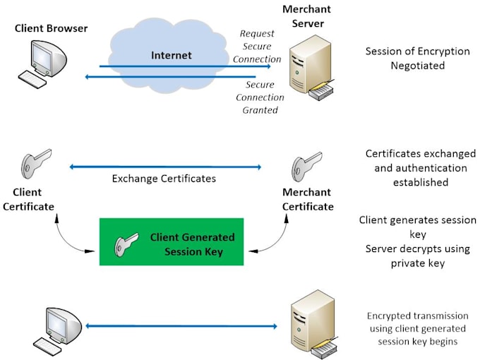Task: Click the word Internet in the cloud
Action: click(172, 54)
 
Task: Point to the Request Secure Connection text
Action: click(257, 46)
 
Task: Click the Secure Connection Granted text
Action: click(259, 97)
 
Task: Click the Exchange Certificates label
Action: click(164, 179)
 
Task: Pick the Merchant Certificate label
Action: click(308, 199)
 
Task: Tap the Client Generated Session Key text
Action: click(192, 244)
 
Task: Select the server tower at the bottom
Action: click(312, 324)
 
